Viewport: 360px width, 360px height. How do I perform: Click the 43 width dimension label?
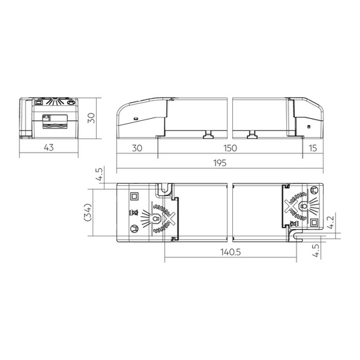pos(49,147)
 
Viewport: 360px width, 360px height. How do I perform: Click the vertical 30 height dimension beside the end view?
pos(91,118)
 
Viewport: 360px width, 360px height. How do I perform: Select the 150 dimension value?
pos(230,148)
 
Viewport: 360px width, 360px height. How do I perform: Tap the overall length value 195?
pos(220,163)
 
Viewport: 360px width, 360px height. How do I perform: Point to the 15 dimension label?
pos(313,148)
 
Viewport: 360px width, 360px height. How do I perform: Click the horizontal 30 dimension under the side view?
pos(137,148)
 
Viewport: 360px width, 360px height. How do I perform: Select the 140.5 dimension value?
pos(230,252)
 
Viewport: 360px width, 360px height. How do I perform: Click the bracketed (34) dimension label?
pos(88,212)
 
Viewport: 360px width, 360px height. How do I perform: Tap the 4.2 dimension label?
pos(331,222)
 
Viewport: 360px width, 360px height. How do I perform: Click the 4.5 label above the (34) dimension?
pos(101,175)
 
